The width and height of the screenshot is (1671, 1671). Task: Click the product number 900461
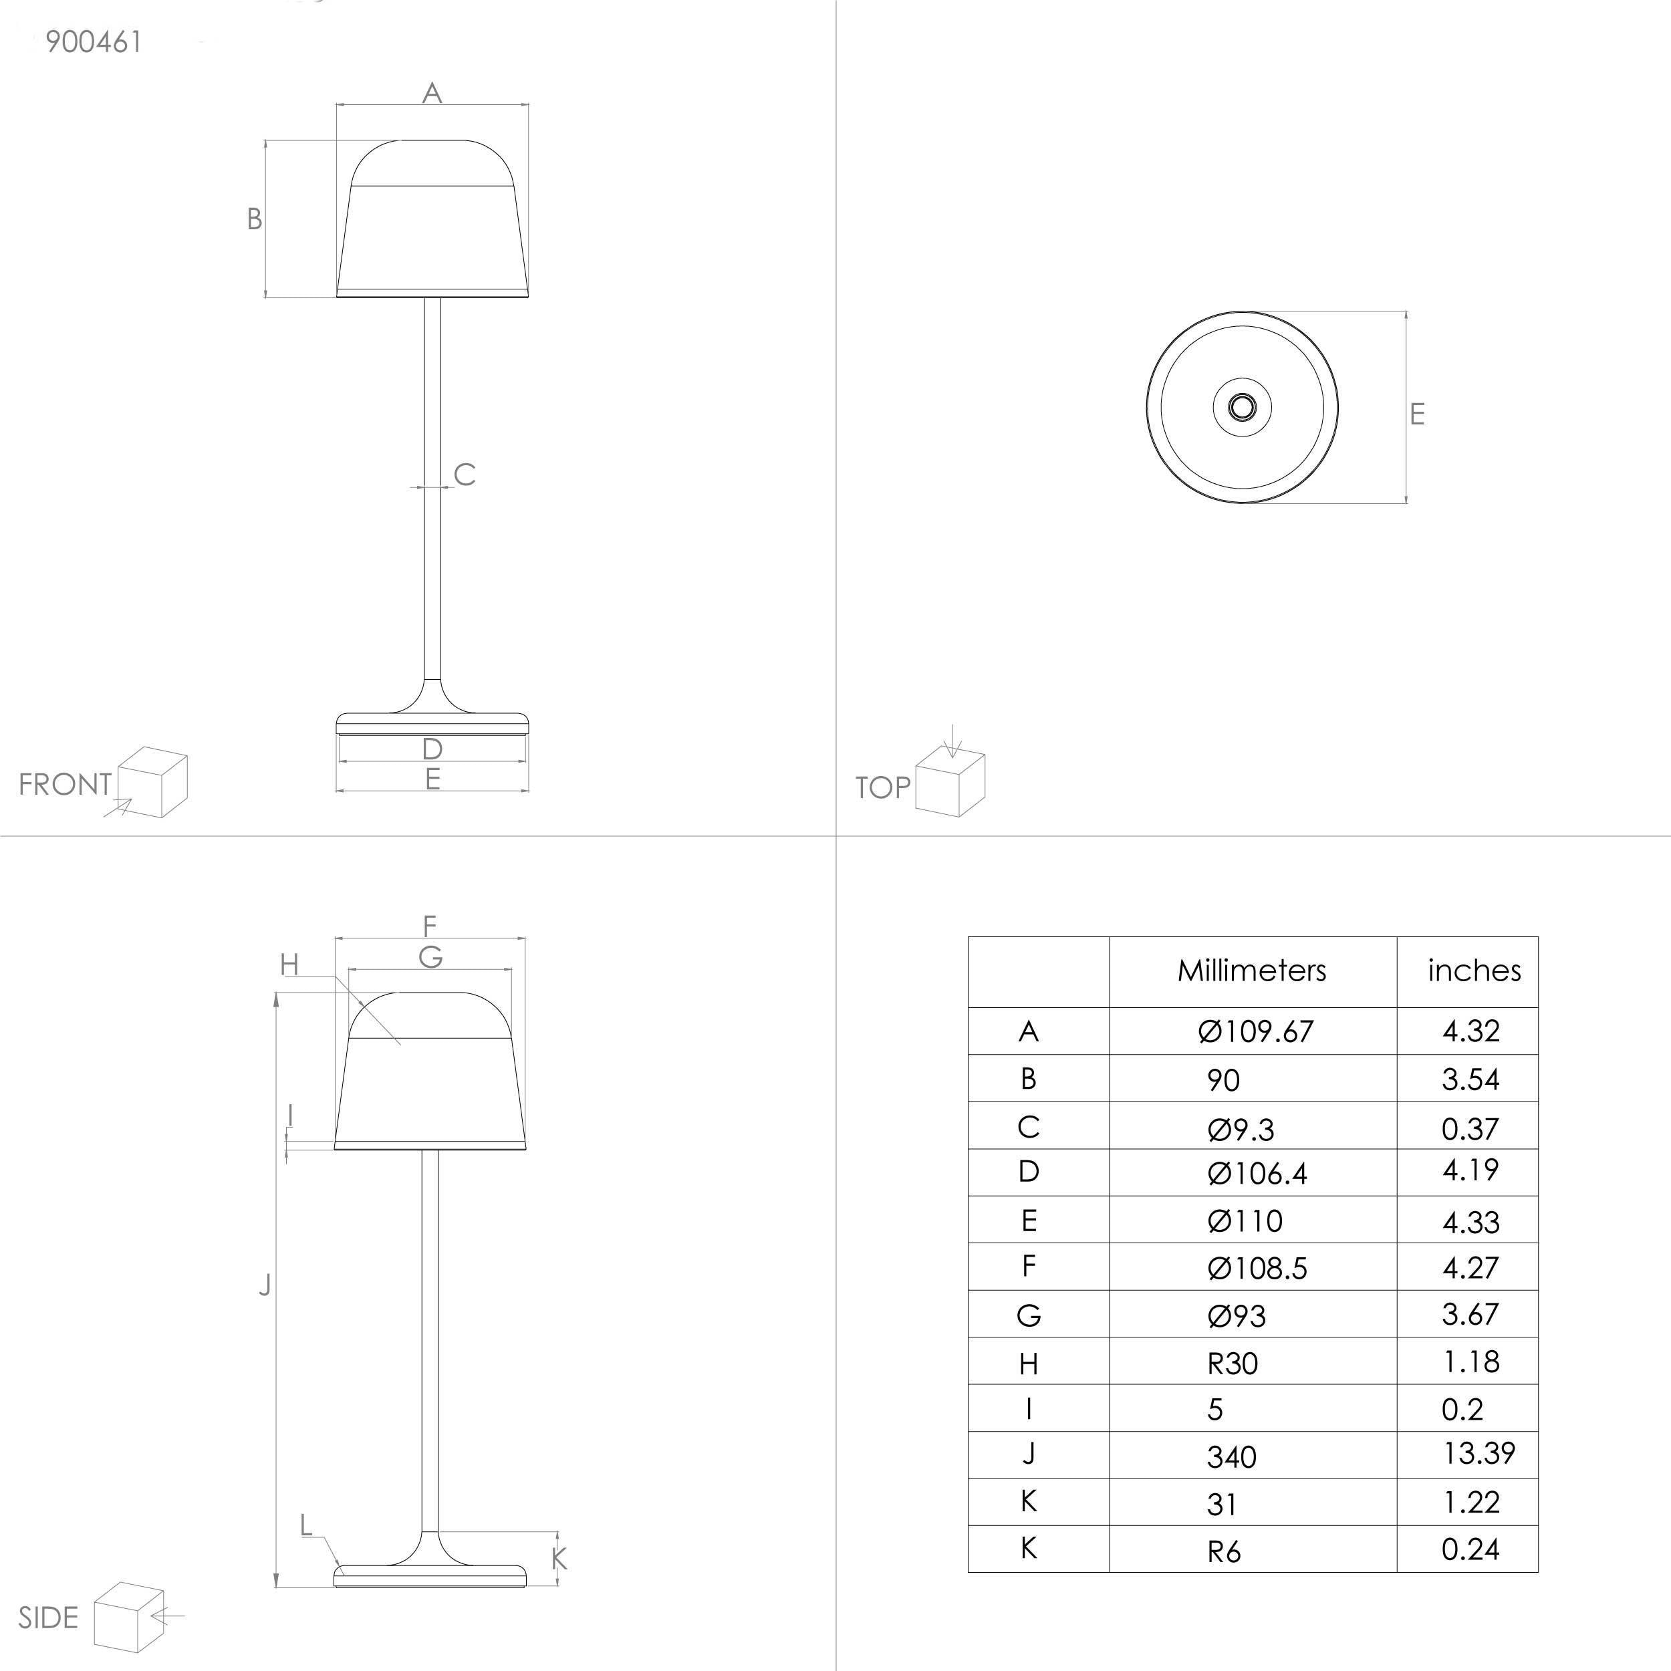click(x=94, y=41)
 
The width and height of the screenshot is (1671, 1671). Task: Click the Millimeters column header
click(x=1251, y=971)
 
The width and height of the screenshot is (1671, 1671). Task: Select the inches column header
click(x=1474, y=971)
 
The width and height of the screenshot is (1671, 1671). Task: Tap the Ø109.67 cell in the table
click(x=1255, y=1031)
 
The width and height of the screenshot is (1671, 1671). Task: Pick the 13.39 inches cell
click(x=1478, y=1453)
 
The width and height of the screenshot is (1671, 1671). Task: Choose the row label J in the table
click(x=1029, y=1454)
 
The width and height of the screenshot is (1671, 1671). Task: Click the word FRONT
click(x=65, y=785)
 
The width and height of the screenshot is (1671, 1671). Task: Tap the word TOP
click(x=882, y=788)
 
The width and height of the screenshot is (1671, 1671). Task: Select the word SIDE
click(x=48, y=1618)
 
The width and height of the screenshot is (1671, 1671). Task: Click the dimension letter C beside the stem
click(x=465, y=475)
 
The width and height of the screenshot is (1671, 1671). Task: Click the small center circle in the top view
click(x=1242, y=406)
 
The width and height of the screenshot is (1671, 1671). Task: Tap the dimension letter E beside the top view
click(x=1417, y=414)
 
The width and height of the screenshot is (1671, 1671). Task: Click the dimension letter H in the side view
click(x=289, y=965)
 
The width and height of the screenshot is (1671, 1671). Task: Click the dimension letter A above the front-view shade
click(x=432, y=92)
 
